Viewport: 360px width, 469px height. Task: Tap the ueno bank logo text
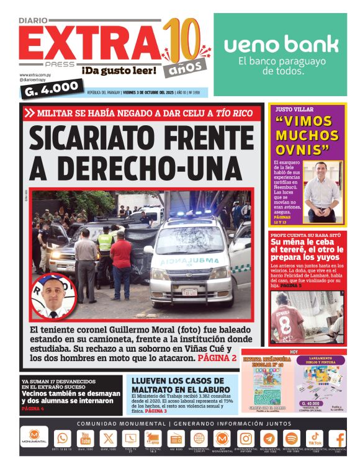(281, 45)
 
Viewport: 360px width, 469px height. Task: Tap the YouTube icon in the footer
(86, 438)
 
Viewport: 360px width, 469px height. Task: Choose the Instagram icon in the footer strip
(246, 438)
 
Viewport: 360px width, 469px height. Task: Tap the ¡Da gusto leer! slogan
(119, 71)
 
